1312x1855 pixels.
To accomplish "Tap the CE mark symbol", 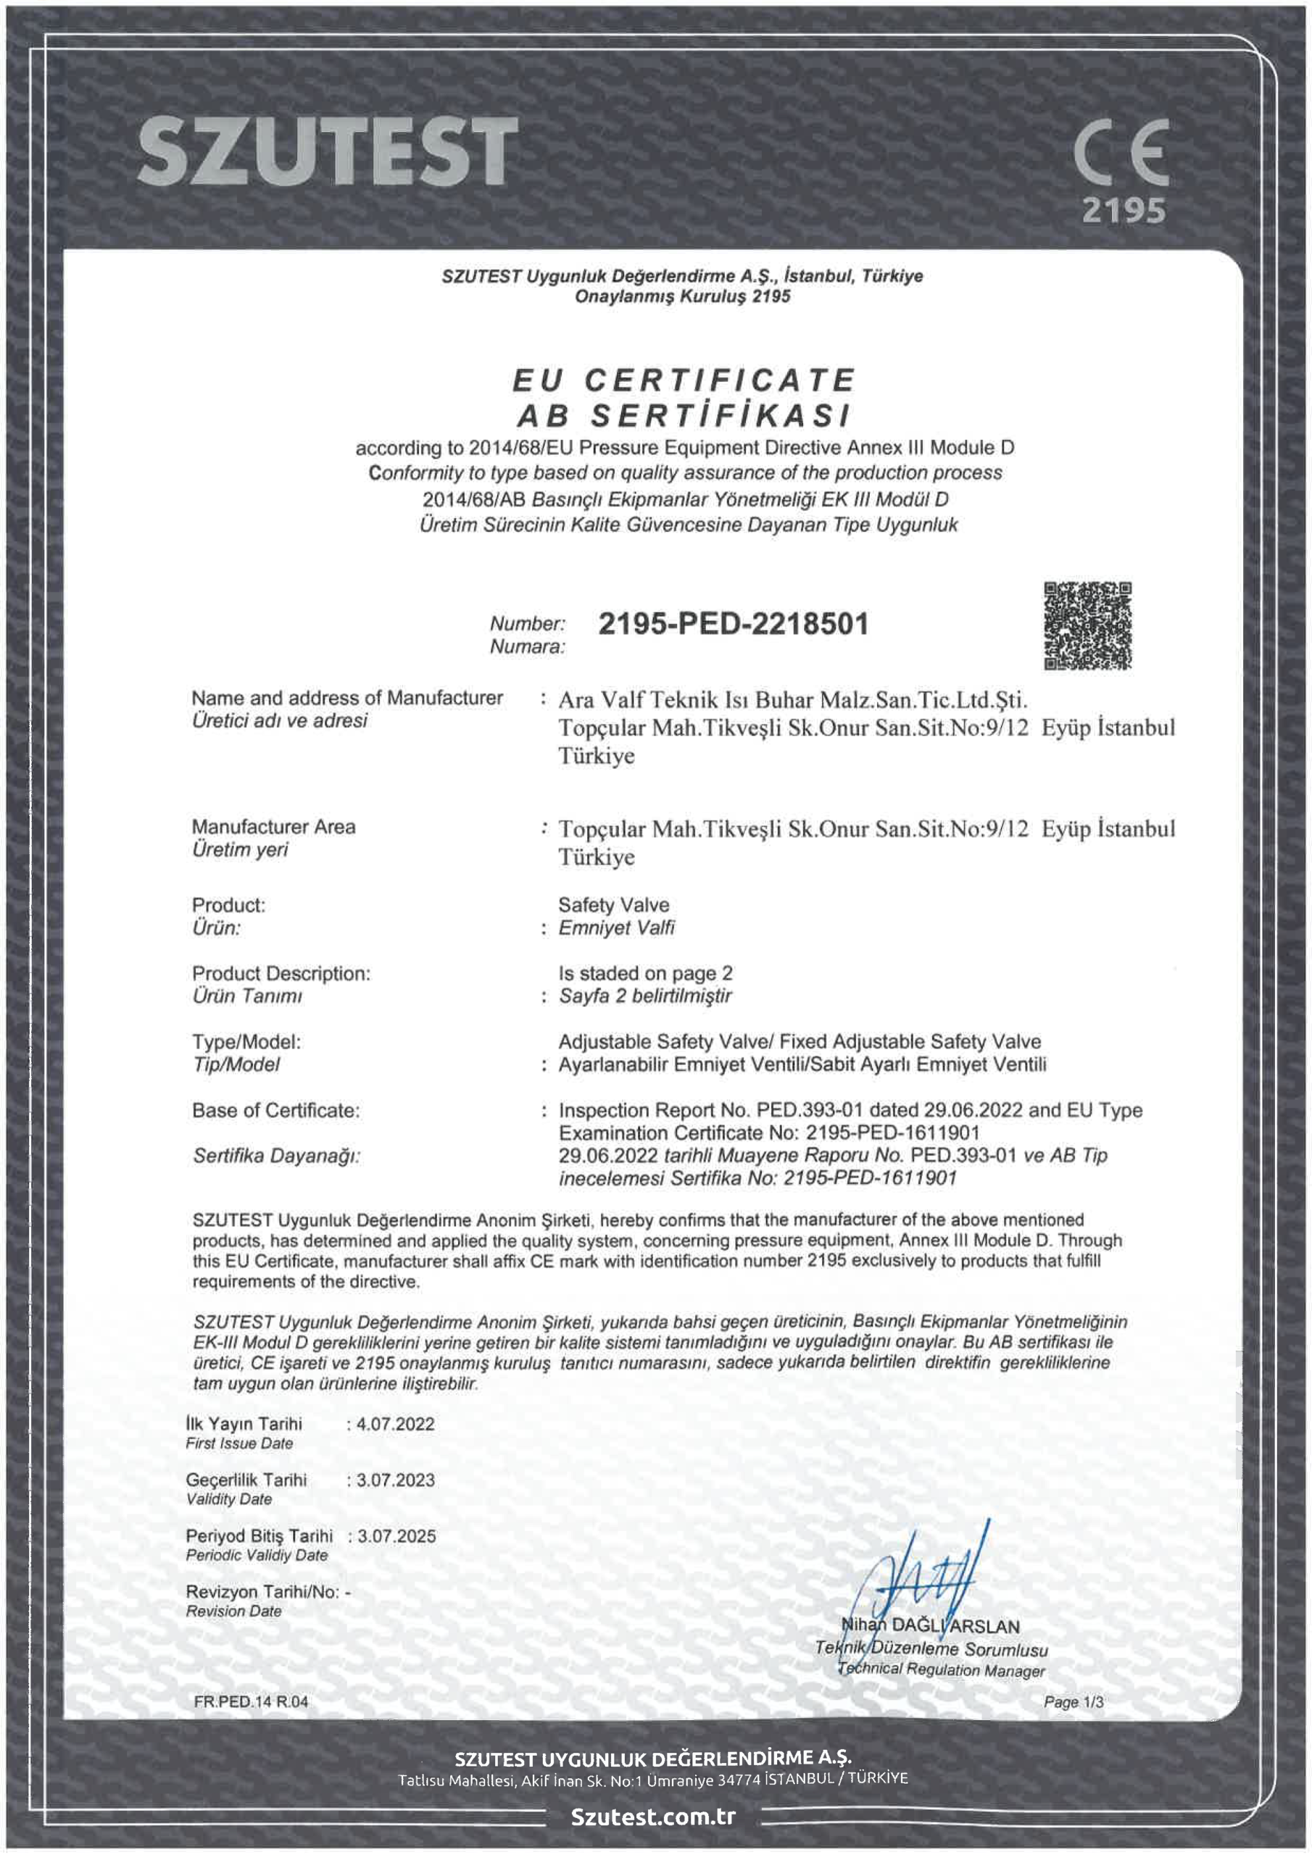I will point(1122,152).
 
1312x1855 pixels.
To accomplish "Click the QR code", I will point(1087,625).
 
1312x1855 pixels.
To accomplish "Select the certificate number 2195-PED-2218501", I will point(734,624).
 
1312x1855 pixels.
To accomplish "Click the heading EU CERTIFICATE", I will point(684,380).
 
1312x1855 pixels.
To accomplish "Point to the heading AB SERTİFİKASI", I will point(684,416).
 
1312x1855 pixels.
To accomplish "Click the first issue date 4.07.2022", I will point(395,1424).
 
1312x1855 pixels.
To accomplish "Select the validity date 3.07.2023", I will point(395,1480).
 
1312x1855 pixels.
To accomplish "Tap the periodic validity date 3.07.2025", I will point(396,1536).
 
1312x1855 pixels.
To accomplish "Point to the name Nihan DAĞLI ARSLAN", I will point(931,1626).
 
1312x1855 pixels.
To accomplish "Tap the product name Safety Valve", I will point(613,905).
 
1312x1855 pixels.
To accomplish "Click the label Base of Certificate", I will point(275,1110).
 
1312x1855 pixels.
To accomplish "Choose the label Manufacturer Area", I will point(273,827).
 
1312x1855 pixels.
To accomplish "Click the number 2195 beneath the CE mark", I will point(1124,211).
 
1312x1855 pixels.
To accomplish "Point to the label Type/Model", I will point(246,1041).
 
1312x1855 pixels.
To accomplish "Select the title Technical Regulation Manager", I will point(941,1670).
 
